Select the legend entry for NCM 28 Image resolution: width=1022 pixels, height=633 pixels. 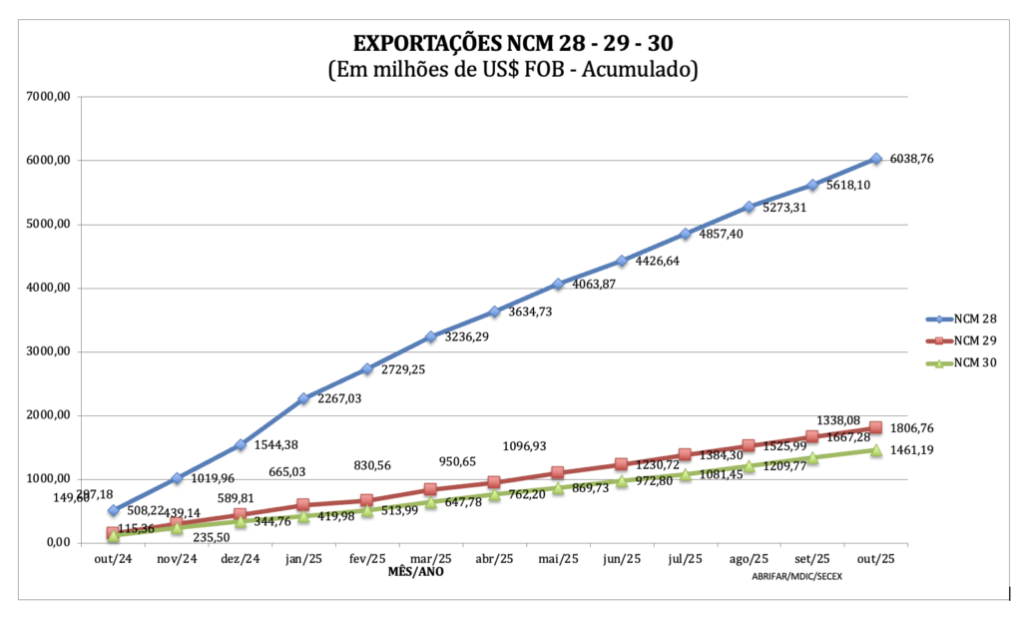coord(975,319)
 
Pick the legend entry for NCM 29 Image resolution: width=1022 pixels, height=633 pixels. coord(975,340)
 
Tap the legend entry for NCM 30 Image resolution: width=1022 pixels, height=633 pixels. coord(975,361)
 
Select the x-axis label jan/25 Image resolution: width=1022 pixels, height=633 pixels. coord(303,559)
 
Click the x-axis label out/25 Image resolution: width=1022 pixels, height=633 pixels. coord(875,559)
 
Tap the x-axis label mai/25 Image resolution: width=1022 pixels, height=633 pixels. coord(558,559)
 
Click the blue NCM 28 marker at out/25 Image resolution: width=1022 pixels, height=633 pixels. coord(876,159)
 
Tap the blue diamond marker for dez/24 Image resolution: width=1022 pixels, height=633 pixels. coord(240,444)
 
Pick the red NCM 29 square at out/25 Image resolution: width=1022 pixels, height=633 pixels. coord(876,427)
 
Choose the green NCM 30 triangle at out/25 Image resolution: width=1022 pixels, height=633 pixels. coord(876,450)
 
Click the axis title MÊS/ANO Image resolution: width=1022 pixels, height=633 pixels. coord(416,573)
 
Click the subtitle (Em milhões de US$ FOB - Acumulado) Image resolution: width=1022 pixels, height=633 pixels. coord(512,71)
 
